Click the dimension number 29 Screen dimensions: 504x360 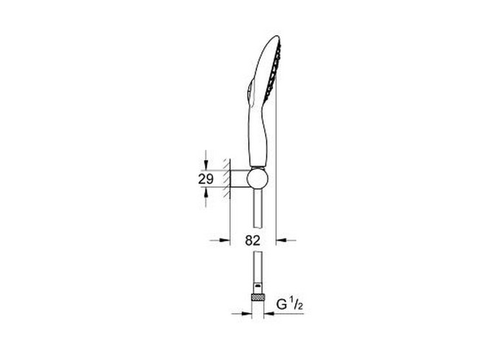(206, 179)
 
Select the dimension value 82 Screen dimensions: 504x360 (253, 240)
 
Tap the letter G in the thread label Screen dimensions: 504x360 (282, 304)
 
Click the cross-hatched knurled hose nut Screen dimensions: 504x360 (257, 297)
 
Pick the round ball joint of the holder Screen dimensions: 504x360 (258, 179)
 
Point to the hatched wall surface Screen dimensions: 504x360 (227, 178)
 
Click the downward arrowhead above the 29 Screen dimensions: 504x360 (206, 166)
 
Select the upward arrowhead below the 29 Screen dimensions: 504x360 (206, 192)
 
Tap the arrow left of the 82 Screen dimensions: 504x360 (220, 240)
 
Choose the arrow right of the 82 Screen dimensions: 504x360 (286, 240)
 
